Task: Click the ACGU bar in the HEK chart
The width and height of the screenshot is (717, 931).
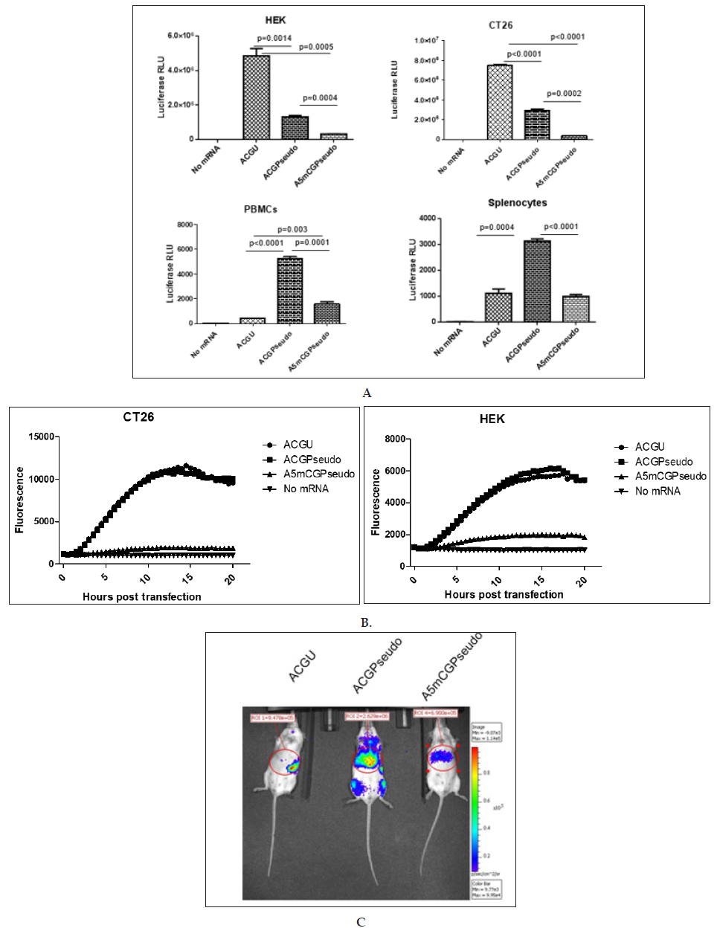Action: [x=256, y=97]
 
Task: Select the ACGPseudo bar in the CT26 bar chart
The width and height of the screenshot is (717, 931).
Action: [x=536, y=124]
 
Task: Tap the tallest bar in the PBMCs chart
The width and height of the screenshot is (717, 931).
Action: [x=289, y=290]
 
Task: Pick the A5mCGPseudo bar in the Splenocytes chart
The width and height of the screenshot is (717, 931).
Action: [x=575, y=309]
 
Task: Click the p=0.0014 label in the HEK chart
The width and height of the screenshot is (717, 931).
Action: [x=274, y=39]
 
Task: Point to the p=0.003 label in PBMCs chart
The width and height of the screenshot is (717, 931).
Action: [x=292, y=229]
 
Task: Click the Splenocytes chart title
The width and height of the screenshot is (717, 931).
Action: [x=517, y=203]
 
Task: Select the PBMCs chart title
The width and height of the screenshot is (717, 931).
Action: [x=260, y=210]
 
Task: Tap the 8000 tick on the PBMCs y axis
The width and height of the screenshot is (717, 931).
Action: [x=184, y=225]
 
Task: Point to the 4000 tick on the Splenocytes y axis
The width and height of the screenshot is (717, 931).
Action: [x=427, y=219]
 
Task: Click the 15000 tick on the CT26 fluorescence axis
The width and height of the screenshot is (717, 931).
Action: [x=42, y=436]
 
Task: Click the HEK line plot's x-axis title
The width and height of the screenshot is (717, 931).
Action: [x=504, y=594]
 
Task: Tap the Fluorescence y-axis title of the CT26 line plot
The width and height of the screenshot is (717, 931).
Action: [x=19, y=499]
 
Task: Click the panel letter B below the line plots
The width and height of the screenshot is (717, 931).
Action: [x=365, y=622]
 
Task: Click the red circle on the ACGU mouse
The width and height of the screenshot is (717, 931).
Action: [x=284, y=762]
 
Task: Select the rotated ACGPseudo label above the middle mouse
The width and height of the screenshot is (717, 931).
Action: [x=377, y=666]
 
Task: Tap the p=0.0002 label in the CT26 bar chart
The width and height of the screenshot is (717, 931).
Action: [x=564, y=94]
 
